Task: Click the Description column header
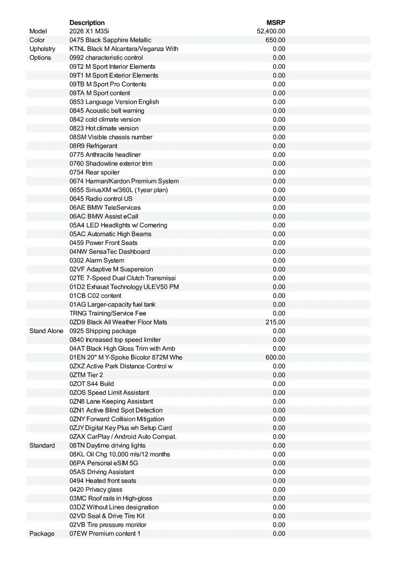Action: click(87, 22)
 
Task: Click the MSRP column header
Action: click(276, 22)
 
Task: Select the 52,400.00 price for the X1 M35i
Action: click(271, 31)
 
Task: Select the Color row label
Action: click(37, 40)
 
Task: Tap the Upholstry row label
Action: click(42, 49)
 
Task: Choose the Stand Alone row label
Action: click(46, 331)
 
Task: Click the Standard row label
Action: click(42, 445)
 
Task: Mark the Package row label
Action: click(42, 533)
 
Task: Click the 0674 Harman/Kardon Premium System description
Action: click(124, 181)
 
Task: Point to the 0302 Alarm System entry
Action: click(97, 260)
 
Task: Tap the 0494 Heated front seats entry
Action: click(103, 481)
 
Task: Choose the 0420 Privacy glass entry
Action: click(96, 489)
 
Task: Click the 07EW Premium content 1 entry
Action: click(105, 533)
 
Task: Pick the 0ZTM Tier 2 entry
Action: click(86, 375)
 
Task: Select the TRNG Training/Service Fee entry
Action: click(108, 313)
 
